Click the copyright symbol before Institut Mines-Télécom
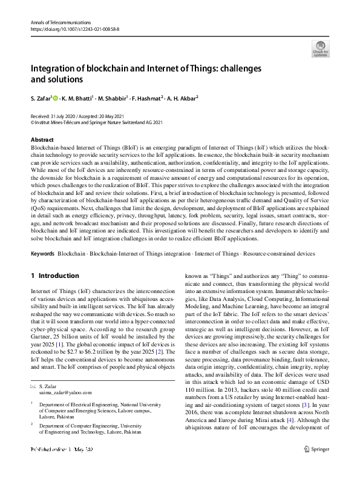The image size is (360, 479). tap(32, 121)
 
